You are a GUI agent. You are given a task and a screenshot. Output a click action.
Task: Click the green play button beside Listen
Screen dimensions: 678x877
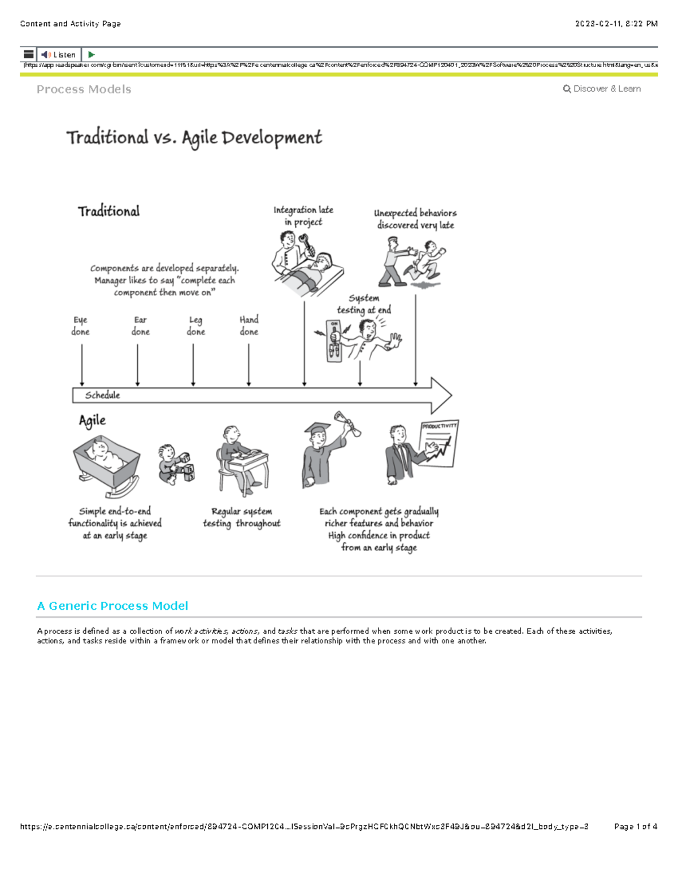coord(91,55)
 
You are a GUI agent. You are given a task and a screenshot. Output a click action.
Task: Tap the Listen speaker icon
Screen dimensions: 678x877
coord(46,55)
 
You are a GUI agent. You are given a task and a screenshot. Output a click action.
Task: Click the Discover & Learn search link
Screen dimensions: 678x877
coord(602,89)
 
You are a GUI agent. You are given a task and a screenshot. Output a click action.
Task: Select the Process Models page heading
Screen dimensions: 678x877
coord(84,89)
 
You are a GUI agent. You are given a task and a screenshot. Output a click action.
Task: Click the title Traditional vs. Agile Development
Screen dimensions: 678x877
coord(194,138)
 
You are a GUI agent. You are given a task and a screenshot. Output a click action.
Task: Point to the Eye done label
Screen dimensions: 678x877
coord(80,326)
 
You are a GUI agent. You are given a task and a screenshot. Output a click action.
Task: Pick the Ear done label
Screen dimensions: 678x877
coord(140,326)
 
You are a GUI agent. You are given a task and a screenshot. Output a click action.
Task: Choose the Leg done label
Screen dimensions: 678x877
coord(195,326)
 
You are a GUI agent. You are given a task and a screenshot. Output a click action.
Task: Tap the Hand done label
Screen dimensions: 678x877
coord(249,326)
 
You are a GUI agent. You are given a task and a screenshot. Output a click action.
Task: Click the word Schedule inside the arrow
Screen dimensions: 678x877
coord(102,395)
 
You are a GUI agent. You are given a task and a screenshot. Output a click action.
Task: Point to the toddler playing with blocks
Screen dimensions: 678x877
coord(175,465)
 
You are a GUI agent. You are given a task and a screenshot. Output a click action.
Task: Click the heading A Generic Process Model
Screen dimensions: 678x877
coord(112,606)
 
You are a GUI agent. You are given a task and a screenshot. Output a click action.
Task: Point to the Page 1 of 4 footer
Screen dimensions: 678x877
coord(635,827)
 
